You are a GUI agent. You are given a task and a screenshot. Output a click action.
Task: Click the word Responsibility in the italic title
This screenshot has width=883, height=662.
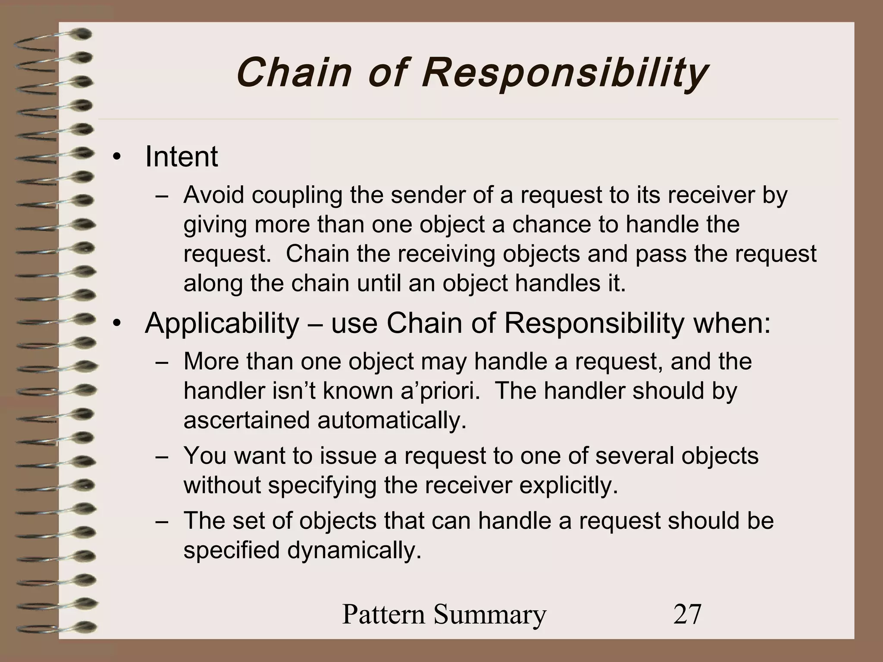click(x=564, y=73)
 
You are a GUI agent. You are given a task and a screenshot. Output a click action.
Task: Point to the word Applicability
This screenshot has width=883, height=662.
click(x=222, y=323)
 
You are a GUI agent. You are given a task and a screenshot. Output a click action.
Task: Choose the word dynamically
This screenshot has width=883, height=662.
click(x=354, y=551)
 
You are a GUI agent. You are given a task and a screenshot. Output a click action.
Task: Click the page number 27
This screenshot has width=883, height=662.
click(x=687, y=614)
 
